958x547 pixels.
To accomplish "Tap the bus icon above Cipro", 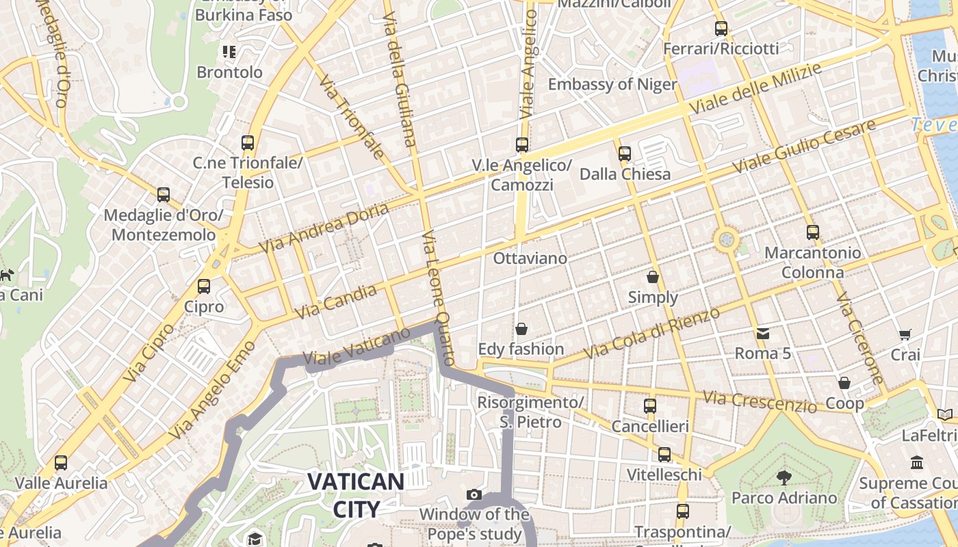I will pyautogui.click(x=204, y=286).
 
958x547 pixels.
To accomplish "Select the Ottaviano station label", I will pyautogui.click(x=530, y=258).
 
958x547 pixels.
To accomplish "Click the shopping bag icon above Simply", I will pyautogui.click(x=653, y=277).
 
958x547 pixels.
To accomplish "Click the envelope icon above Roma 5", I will pyautogui.click(x=763, y=334).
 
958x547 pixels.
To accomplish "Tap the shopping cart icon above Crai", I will pyautogui.click(x=905, y=334).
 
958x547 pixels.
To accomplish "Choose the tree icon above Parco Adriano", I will pyautogui.click(x=784, y=477).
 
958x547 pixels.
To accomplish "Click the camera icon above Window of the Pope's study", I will pyautogui.click(x=474, y=494).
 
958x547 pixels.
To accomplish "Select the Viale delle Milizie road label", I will pyautogui.click(x=755, y=89).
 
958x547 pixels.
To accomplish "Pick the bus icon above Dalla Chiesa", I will pyautogui.click(x=624, y=154).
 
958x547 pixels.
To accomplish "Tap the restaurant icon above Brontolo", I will pyautogui.click(x=229, y=51).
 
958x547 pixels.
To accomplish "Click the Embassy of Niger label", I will pyautogui.click(x=612, y=85).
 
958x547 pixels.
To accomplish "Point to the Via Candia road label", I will pyautogui.click(x=336, y=302).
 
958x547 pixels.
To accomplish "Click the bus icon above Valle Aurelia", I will pyautogui.click(x=61, y=463).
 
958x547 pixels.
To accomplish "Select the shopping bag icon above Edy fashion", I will pyautogui.click(x=521, y=329).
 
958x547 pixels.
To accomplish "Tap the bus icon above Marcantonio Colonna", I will pyautogui.click(x=812, y=232).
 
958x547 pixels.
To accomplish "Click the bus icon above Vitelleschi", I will pyautogui.click(x=664, y=455).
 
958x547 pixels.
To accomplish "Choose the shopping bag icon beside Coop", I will pyautogui.click(x=844, y=383).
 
